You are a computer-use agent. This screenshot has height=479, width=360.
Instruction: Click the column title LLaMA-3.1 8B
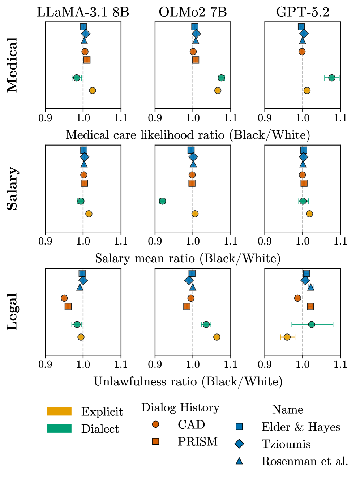(x=83, y=12)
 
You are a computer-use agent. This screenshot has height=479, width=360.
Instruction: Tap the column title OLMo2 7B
(x=193, y=12)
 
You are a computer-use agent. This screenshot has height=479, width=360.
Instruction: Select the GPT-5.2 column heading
(x=303, y=12)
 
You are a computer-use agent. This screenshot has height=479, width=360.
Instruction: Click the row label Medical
(x=12, y=65)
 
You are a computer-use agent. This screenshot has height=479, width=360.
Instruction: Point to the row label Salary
(x=12, y=188)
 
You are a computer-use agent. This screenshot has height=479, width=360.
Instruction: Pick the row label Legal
(x=12, y=312)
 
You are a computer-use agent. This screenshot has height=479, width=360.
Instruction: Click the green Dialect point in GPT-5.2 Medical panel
(x=332, y=78)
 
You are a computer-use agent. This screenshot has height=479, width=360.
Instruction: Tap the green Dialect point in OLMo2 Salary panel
(x=163, y=201)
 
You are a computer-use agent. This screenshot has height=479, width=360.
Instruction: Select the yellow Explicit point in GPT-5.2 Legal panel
(x=287, y=337)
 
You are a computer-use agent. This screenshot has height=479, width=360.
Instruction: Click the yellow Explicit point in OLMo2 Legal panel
(x=217, y=337)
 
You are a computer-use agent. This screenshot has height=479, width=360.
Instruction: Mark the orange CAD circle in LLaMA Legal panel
(x=64, y=298)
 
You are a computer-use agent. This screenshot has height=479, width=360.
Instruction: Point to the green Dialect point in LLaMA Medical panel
(x=77, y=78)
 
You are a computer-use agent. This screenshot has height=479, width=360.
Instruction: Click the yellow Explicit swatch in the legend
(x=59, y=411)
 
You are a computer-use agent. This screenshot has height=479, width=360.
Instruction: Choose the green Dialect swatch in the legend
(x=59, y=428)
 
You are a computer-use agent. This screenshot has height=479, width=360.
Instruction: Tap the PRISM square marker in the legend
(x=156, y=441)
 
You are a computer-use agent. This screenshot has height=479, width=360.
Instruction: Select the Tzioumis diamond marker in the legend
(x=239, y=444)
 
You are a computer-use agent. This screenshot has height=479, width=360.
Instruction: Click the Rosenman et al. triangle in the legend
(x=239, y=461)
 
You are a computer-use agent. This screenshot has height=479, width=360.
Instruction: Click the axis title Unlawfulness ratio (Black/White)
(x=188, y=381)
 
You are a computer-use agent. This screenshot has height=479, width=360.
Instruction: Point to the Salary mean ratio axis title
(x=188, y=258)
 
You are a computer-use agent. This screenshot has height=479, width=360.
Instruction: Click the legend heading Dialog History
(x=180, y=407)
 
